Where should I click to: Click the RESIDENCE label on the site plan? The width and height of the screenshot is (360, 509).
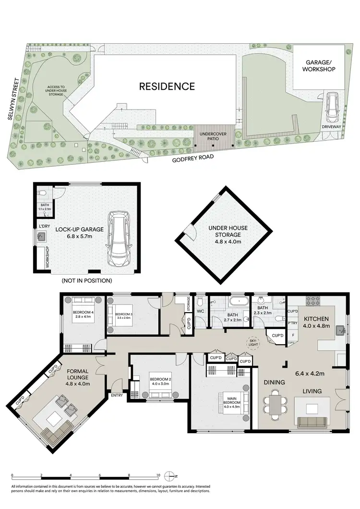click(x=167, y=86)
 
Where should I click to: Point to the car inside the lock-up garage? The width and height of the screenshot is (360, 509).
click(x=118, y=240)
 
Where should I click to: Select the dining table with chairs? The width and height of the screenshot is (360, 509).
click(x=275, y=402)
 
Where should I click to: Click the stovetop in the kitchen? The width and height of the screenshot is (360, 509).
click(x=313, y=302)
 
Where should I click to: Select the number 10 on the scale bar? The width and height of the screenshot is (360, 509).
click(x=158, y=475)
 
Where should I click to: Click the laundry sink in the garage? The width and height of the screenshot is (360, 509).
click(x=41, y=236)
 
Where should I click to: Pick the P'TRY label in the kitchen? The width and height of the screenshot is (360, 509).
click(x=291, y=323)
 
